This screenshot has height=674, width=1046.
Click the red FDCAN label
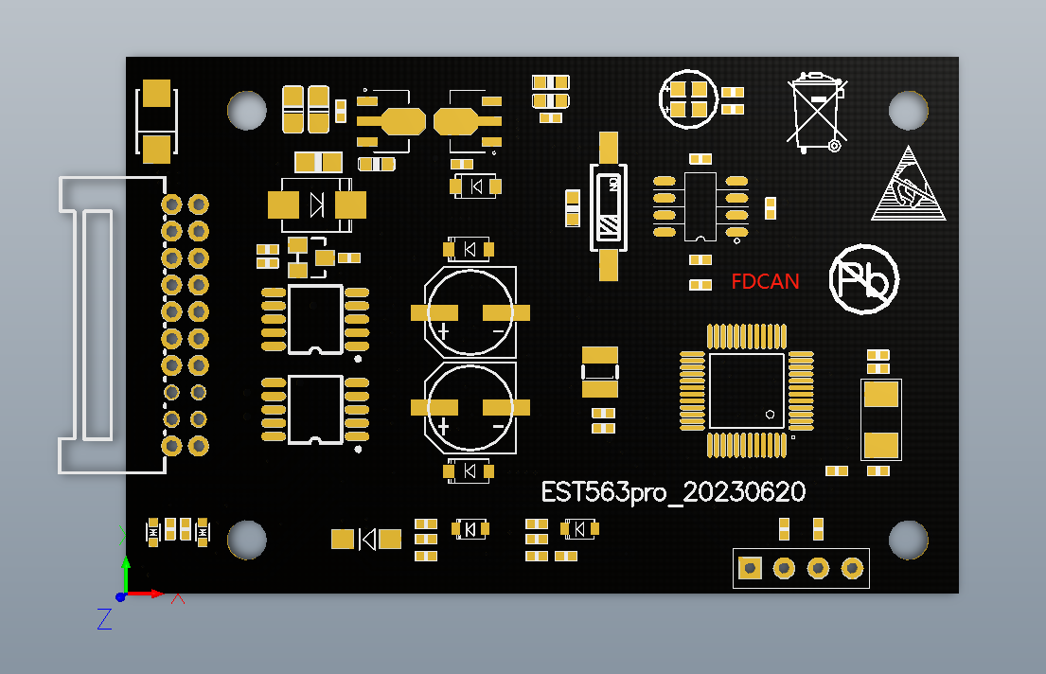tap(765, 281)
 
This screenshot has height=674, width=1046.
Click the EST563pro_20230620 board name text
tap(673, 492)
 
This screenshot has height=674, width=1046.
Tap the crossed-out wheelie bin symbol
tap(815, 112)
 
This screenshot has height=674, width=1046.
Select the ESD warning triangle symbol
tap(909, 185)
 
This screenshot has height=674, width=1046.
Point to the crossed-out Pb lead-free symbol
tap(863, 278)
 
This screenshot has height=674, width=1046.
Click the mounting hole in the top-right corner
tap(908, 111)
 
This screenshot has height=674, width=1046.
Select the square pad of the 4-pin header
tap(750, 568)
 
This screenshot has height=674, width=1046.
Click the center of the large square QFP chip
tap(747, 390)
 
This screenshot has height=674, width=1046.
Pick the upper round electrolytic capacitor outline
tap(470, 312)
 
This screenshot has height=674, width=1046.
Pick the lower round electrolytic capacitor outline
tap(470, 407)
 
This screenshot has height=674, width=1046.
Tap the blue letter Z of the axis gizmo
tap(104, 619)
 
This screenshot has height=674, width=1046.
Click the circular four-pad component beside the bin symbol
tap(689, 98)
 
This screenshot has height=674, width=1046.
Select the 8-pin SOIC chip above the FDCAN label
tap(700, 206)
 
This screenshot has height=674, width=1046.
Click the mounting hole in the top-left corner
tap(247, 111)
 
